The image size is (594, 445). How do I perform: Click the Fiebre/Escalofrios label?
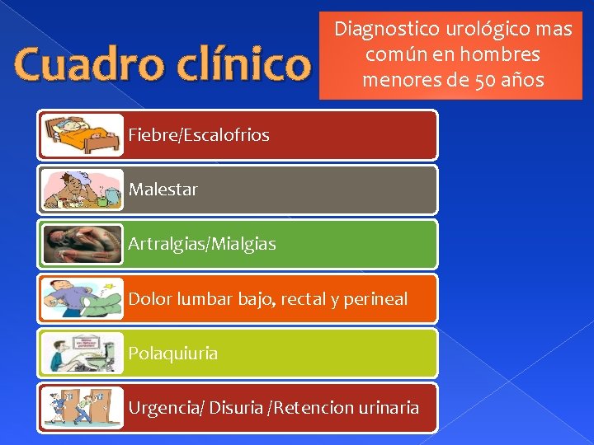point(199,135)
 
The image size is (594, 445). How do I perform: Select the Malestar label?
point(163,190)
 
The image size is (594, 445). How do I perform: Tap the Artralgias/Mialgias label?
point(202,244)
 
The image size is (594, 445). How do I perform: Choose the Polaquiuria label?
point(173,354)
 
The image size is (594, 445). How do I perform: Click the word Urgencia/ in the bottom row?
point(166,408)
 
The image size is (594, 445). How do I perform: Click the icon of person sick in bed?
point(81,134)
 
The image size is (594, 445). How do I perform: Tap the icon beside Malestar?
point(81,190)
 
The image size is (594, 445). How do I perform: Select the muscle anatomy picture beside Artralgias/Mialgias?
point(81,244)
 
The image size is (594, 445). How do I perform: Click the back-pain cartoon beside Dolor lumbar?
point(81,298)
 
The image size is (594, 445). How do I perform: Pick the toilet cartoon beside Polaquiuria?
point(81,354)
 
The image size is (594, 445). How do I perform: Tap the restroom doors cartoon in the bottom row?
point(81,408)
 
